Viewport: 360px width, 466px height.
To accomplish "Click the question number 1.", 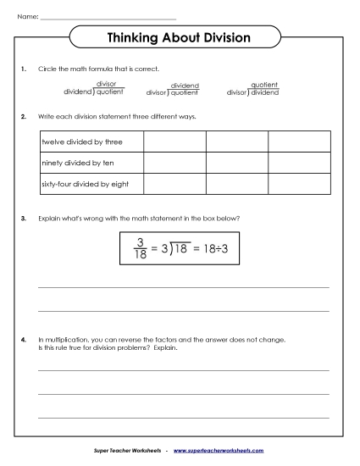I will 25,69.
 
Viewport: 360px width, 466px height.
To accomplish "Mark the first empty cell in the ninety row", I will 174,162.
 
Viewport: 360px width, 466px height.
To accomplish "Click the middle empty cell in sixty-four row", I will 236,183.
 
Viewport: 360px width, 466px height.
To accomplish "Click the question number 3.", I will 25,218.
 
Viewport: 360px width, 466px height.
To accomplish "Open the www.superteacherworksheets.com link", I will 219,452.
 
